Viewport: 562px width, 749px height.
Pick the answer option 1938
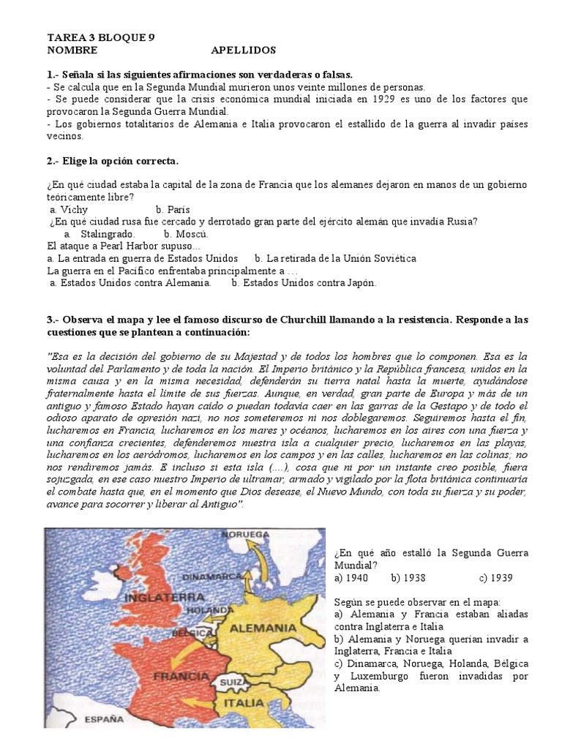pos(408,578)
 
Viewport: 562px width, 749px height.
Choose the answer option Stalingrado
pos(108,233)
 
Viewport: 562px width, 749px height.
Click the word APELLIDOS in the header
pos(243,50)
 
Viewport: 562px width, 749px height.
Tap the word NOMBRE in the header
pos(71,50)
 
